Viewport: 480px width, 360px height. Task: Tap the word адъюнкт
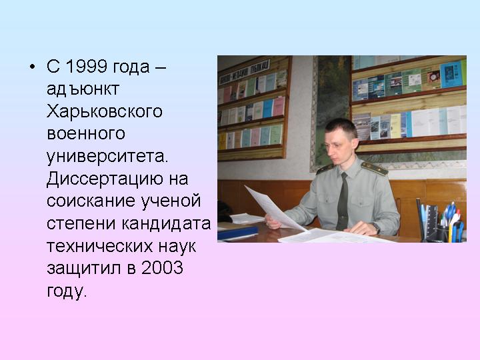[x=83, y=89]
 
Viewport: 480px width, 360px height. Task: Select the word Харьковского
[x=105, y=111]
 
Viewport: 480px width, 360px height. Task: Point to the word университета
[x=107, y=157]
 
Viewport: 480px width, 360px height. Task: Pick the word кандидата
[x=166, y=223]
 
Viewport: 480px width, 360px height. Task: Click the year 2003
[x=162, y=267]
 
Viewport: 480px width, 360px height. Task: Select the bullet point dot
[x=33, y=67]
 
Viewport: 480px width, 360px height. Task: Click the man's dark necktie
[x=343, y=202]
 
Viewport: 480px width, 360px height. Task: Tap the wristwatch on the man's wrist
[x=376, y=228]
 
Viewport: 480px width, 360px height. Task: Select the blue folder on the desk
[x=237, y=233]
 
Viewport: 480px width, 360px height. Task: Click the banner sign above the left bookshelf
[x=244, y=72]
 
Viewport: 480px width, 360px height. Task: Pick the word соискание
[x=91, y=201]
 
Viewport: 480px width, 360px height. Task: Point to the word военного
[x=86, y=134]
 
